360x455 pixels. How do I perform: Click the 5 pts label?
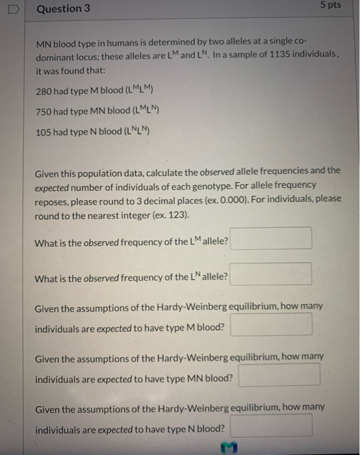pos(330,5)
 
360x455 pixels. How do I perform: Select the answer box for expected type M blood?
pos(271,324)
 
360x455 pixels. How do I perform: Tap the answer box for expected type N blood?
pos(271,426)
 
